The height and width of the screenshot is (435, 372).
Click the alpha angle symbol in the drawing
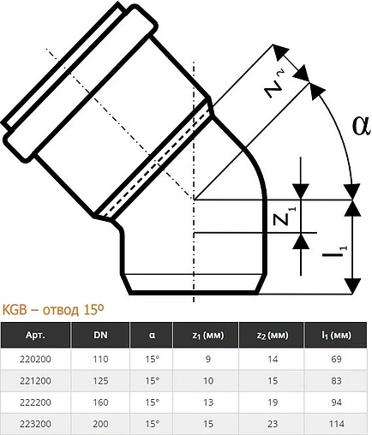coord(360,126)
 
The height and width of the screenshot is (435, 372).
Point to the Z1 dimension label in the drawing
coord(291,218)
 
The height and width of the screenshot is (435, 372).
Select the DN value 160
coord(100,401)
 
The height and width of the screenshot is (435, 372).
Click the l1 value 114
coord(336,422)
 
